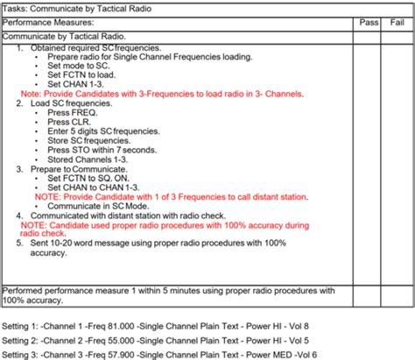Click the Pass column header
369,22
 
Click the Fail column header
396,22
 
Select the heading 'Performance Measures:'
48,22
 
